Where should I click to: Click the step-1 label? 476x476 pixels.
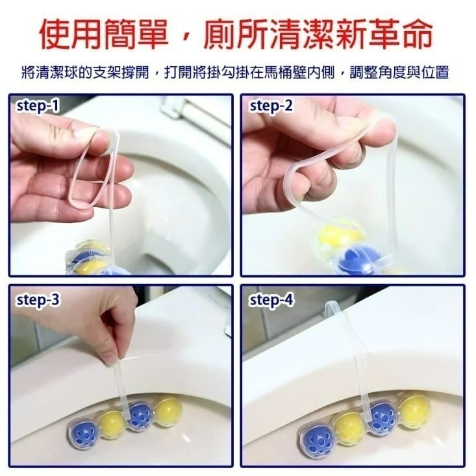click(x=38, y=106)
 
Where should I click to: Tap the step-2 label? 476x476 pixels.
click(x=271, y=106)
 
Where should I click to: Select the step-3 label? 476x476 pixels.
click(x=38, y=300)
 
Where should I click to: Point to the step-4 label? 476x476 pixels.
click(x=271, y=300)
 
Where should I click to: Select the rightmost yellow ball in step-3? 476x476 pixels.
click(x=168, y=410)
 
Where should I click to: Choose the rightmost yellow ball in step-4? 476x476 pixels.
click(x=414, y=410)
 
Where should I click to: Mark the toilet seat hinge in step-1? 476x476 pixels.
click(x=175, y=107)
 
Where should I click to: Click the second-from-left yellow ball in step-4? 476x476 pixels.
click(x=351, y=429)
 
